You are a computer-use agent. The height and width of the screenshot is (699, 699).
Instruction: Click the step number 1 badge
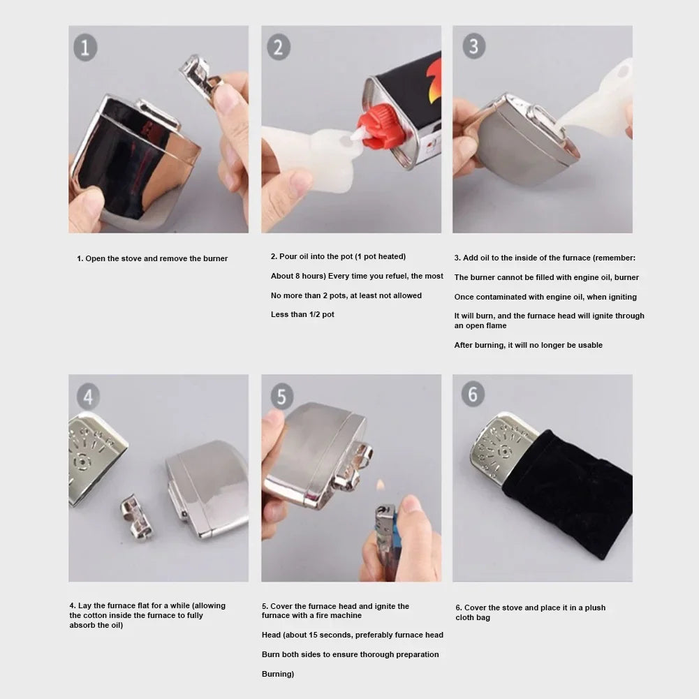85,48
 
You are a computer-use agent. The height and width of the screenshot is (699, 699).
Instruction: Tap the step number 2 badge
278,47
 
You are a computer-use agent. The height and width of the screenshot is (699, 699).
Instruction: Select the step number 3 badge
473,46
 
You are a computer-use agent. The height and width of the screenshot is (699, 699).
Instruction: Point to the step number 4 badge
87,397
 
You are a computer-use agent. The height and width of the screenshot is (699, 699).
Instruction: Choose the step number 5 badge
281,397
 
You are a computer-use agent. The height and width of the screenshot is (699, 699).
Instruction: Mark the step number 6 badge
473,395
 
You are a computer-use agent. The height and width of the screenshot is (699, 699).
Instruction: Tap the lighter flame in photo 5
381,484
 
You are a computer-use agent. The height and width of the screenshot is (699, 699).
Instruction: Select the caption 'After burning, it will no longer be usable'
528,345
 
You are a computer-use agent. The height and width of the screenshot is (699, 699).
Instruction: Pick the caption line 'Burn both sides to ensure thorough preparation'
351,654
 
